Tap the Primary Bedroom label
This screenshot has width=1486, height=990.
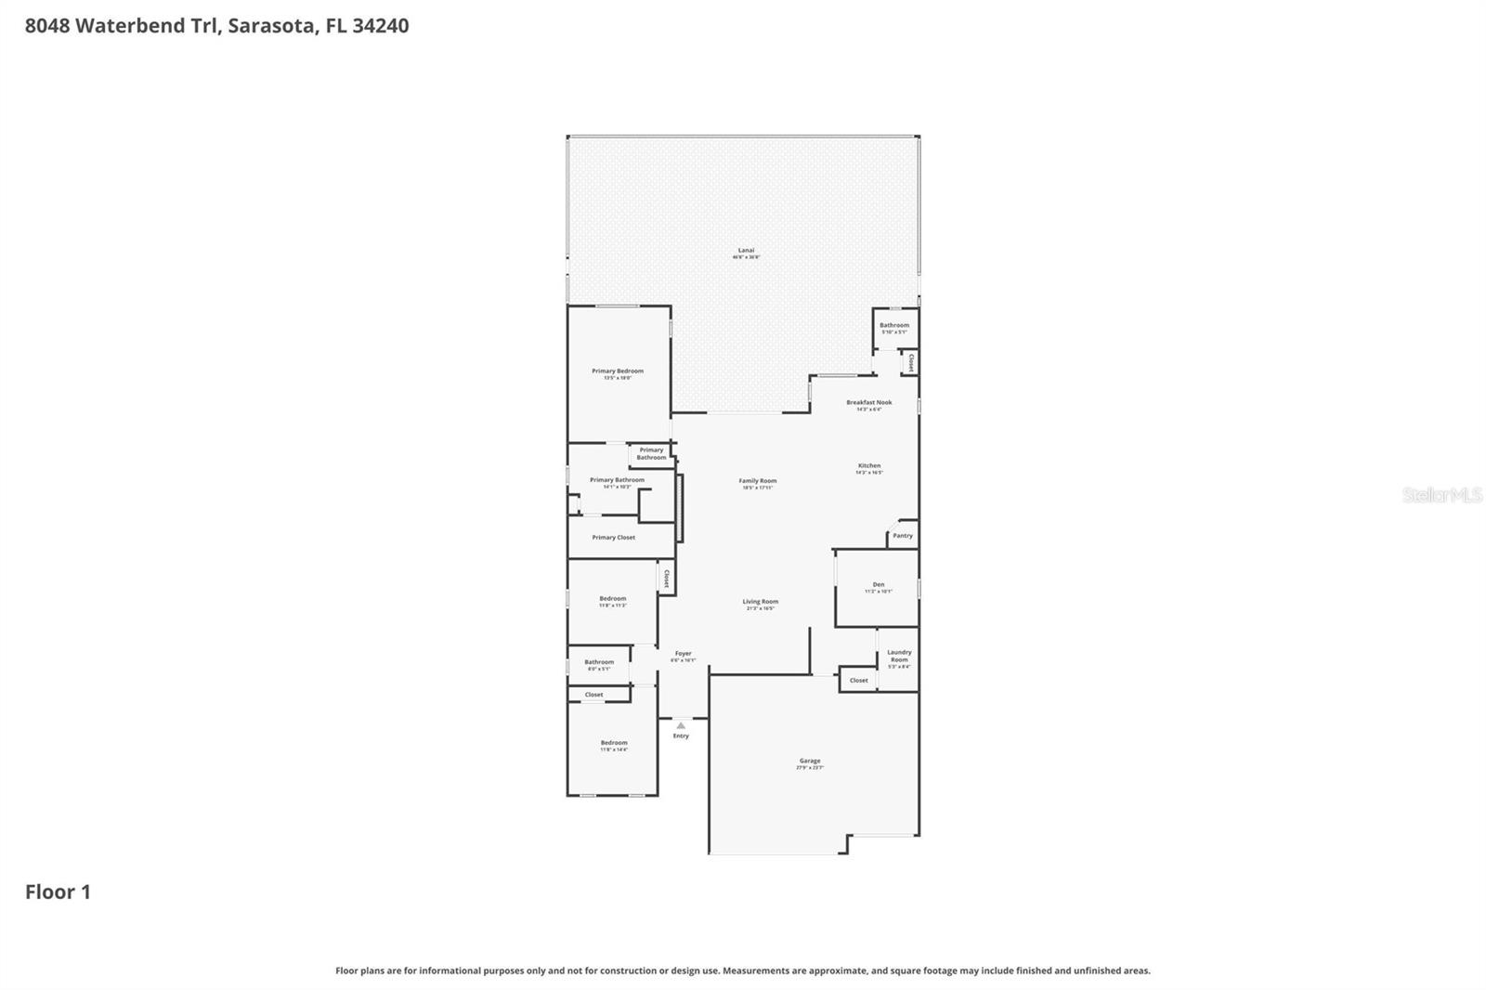pos(618,371)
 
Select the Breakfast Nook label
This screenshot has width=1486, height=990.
pos(868,403)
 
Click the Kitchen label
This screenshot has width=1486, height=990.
pos(868,466)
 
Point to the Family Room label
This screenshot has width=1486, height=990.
pos(758,482)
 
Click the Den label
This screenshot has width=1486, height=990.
pos(878,585)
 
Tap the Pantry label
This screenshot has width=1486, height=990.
pos(903,536)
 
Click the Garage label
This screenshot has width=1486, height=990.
pos(810,762)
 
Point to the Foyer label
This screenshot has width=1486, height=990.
pos(684,654)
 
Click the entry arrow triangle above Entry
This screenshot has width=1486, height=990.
pos(681,725)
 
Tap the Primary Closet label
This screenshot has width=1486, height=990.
pos(613,538)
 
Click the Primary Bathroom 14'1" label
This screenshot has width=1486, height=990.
pos(617,481)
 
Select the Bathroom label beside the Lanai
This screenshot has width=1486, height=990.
pos(894,326)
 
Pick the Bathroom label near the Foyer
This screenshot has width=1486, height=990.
pos(599,663)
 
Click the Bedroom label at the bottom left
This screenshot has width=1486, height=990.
pos(614,743)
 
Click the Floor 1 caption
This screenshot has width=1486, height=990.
pos(58,892)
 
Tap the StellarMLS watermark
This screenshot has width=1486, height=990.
pos(1441,496)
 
